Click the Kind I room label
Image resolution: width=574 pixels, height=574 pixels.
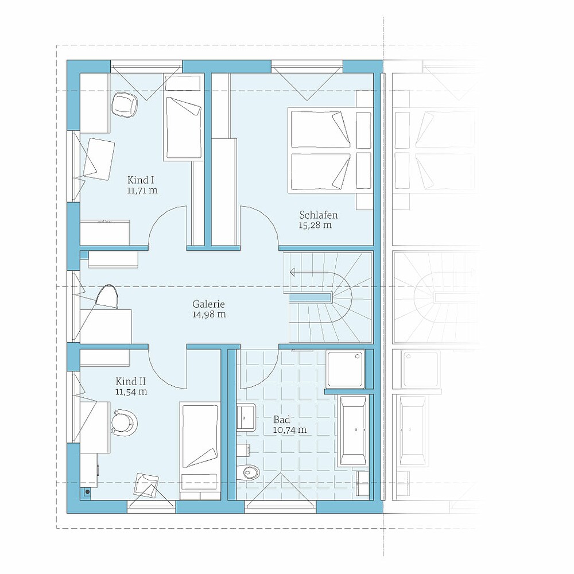[x=141, y=180]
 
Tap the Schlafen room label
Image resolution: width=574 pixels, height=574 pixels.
[x=318, y=215]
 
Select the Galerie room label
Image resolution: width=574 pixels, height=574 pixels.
[x=209, y=304]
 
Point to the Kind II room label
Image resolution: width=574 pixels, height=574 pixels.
[x=131, y=382]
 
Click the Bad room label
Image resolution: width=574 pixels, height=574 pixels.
[x=281, y=420]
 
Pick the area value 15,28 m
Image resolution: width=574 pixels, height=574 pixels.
[x=315, y=225]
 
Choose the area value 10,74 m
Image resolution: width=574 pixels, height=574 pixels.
[x=290, y=430]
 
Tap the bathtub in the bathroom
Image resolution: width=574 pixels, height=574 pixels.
[x=353, y=430]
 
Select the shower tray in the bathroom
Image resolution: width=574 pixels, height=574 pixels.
[x=346, y=369]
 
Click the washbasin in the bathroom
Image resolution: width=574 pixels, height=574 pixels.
[x=246, y=416]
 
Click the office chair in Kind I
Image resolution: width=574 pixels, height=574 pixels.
[x=124, y=104]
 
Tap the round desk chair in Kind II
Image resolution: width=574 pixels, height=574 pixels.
[x=124, y=423]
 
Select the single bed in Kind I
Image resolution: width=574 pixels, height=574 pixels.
[x=184, y=118]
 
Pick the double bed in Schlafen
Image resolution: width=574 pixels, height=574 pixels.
[x=330, y=149]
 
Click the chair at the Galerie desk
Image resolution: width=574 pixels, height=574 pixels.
[x=107, y=297]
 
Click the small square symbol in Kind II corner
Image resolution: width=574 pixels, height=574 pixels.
[x=87, y=492]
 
